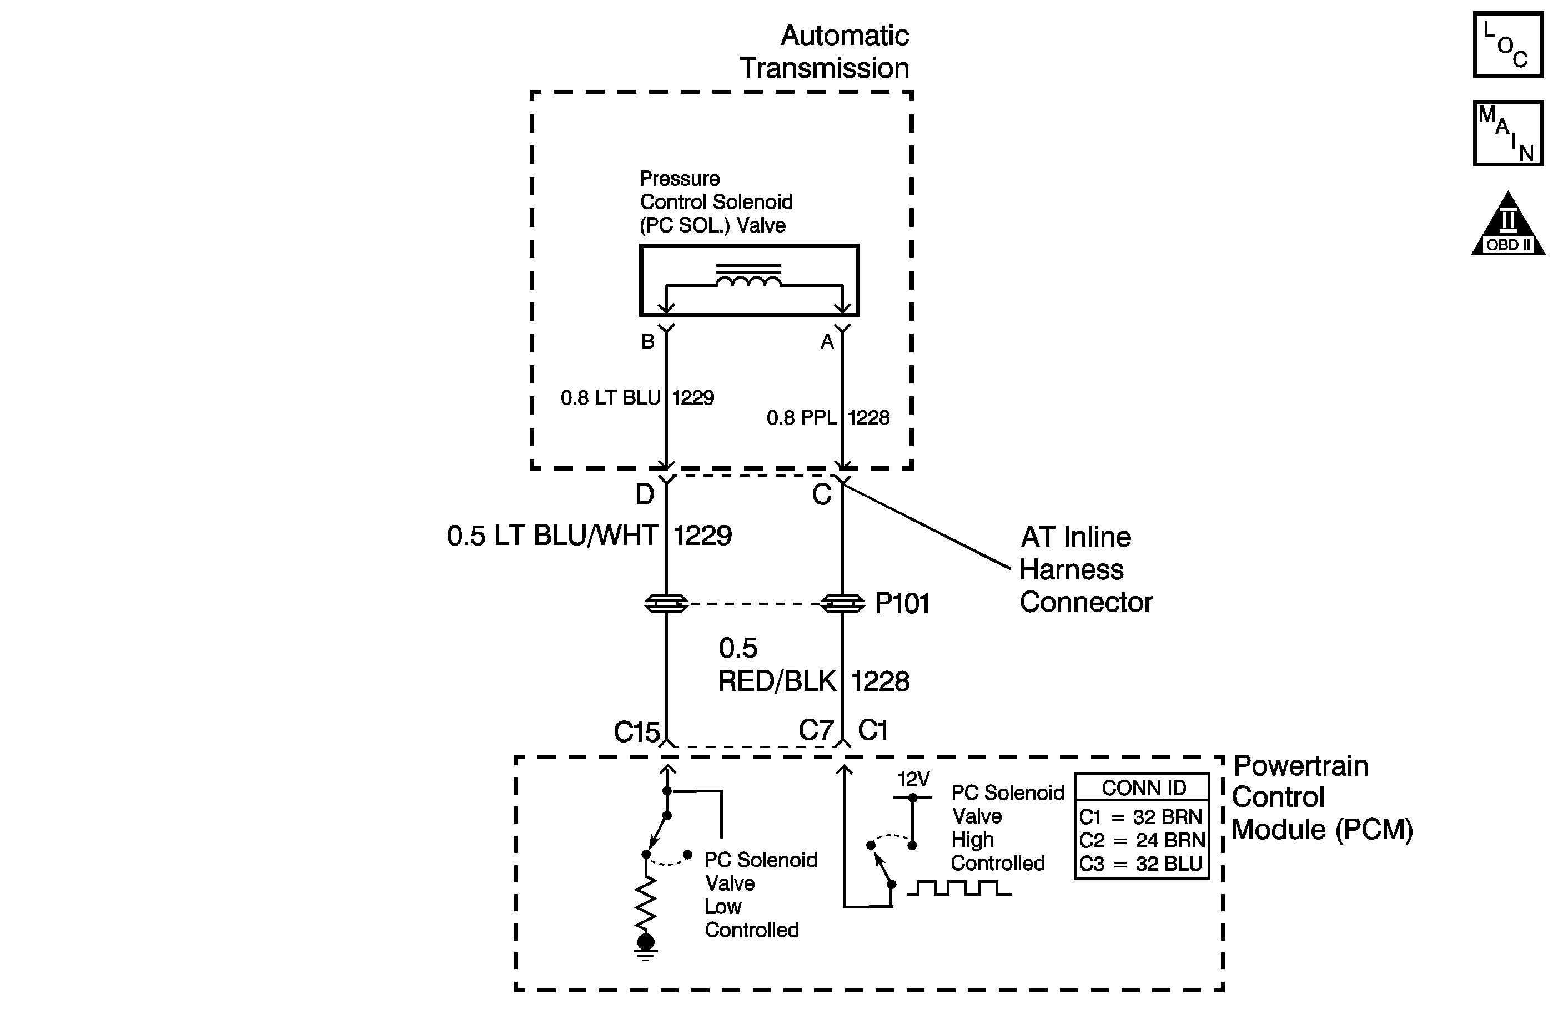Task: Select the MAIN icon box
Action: pos(1507,134)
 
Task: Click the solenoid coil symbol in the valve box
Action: pos(748,280)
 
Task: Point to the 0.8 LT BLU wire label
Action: pos(611,398)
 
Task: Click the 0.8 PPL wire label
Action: pos(801,418)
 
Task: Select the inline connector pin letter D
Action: pos(645,495)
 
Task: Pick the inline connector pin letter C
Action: pos(822,495)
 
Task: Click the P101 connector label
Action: pos(902,604)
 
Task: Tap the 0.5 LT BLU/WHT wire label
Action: pos(552,536)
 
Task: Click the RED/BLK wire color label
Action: pos(776,681)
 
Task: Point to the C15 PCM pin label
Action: pos(636,732)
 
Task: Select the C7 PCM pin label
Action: pos(816,730)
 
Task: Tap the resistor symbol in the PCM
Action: pos(645,903)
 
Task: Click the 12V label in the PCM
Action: pos(913,779)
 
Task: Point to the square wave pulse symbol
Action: pos(958,888)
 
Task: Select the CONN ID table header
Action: pos(1143,788)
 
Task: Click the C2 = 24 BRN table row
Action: pos(1141,840)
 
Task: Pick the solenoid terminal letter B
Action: pos(647,341)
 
